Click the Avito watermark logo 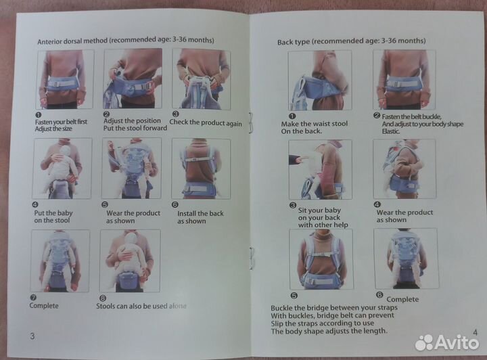tap(447, 342)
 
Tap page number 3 tap(32, 336)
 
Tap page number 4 tap(476, 332)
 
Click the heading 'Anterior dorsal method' tap(72, 41)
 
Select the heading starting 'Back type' tap(351, 41)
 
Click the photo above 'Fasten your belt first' tap(65, 80)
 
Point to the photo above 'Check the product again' tap(202, 80)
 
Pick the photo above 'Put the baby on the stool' tap(62, 168)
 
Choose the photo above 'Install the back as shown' tap(201, 168)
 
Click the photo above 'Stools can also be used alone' tap(130, 261)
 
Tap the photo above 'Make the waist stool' tap(320, 80)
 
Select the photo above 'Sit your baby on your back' tap(320, 169)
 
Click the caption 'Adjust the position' tap(132, 120)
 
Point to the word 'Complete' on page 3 tap(44, 306)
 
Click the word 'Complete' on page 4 tap(402, 299)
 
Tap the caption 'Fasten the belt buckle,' tap(411, 117)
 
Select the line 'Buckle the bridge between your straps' tap(334, 308)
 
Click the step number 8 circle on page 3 tap(103, 298)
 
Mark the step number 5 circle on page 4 tap(294, 296)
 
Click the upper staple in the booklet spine tap(251, 123)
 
